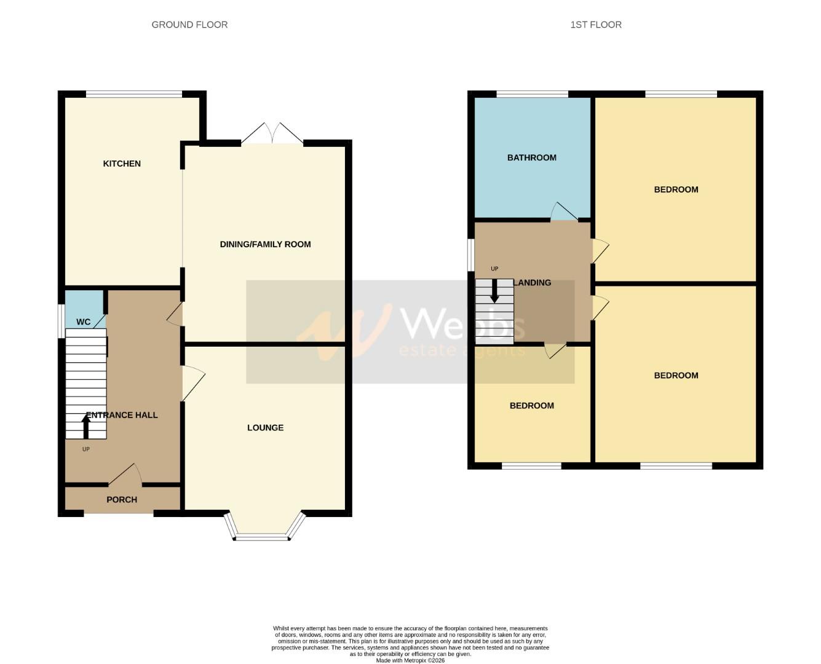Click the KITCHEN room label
(122, 164)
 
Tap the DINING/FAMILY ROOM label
(265, 244)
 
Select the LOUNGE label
(265, 427)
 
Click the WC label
(83, 322)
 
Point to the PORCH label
(122, 499)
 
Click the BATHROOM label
(531, 157)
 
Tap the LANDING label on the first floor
(533, 283)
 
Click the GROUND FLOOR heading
(189, 25)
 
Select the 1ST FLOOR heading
(595, 25)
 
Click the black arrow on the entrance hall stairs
(86, 426)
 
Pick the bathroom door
(563, 211)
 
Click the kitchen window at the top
(133, 94)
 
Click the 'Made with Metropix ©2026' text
(410, 660)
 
